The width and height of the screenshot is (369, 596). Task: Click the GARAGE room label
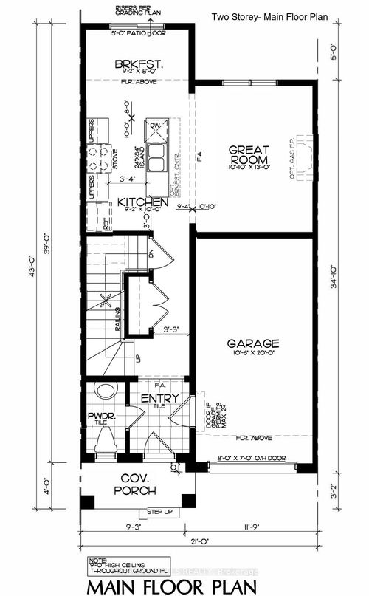pyautogui.click(x=253, y=343)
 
